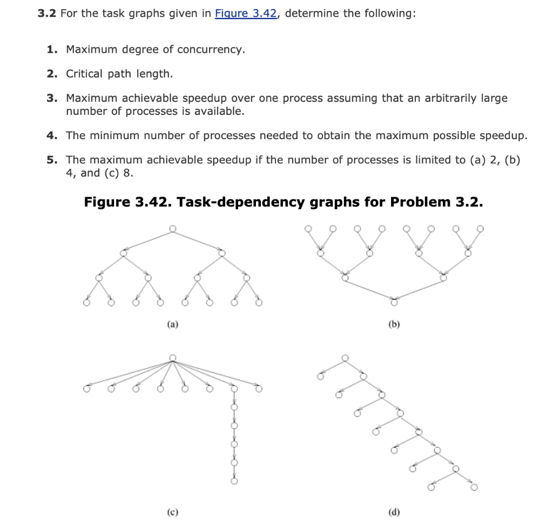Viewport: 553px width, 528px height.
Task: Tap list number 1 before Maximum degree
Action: click(x=51, y=50)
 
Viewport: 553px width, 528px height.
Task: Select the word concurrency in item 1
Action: click(x=211, y=50)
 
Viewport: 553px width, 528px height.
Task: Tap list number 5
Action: click(x=51, y=160)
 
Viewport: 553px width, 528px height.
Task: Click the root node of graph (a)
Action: click(x=172, y=229)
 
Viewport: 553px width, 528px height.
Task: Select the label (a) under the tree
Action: click(x=172, y=325)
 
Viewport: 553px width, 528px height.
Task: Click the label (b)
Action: click(x=394, y=325)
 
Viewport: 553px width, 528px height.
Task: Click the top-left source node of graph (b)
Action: click(x=308, y=228)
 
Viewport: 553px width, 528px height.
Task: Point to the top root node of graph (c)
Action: click(x=172, y=358)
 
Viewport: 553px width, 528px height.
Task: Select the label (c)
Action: click(x=172, y=511)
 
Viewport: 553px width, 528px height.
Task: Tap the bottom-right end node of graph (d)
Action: click(x=474, y=488)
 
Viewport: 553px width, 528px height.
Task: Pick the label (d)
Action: click(x=394, y=511)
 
